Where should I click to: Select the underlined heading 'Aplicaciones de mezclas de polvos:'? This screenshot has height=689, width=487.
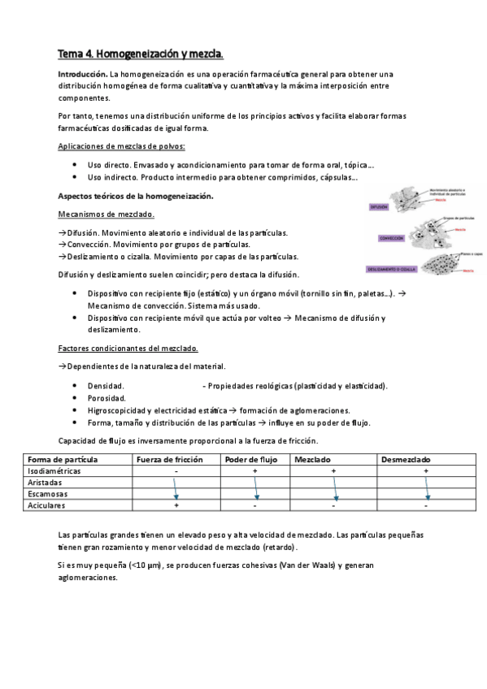pos(122,146)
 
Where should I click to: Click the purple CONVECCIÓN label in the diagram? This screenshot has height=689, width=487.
pos(390,238)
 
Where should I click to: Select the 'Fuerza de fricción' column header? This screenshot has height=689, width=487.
pos(170,459)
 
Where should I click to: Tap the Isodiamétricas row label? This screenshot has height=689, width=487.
pos(54,470)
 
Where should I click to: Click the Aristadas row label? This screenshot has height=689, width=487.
pos(45,482)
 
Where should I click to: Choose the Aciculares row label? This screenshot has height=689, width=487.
pos(47,505)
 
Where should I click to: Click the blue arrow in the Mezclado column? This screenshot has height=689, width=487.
pos(335,487)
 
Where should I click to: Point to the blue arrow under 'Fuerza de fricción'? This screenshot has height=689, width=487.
pos(176,487)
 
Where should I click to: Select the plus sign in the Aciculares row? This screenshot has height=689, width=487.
pos(176,505)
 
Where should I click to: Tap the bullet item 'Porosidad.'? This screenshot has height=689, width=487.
pos(107,398)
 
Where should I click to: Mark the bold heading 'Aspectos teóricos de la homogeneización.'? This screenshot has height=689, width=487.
pos(137,196)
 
